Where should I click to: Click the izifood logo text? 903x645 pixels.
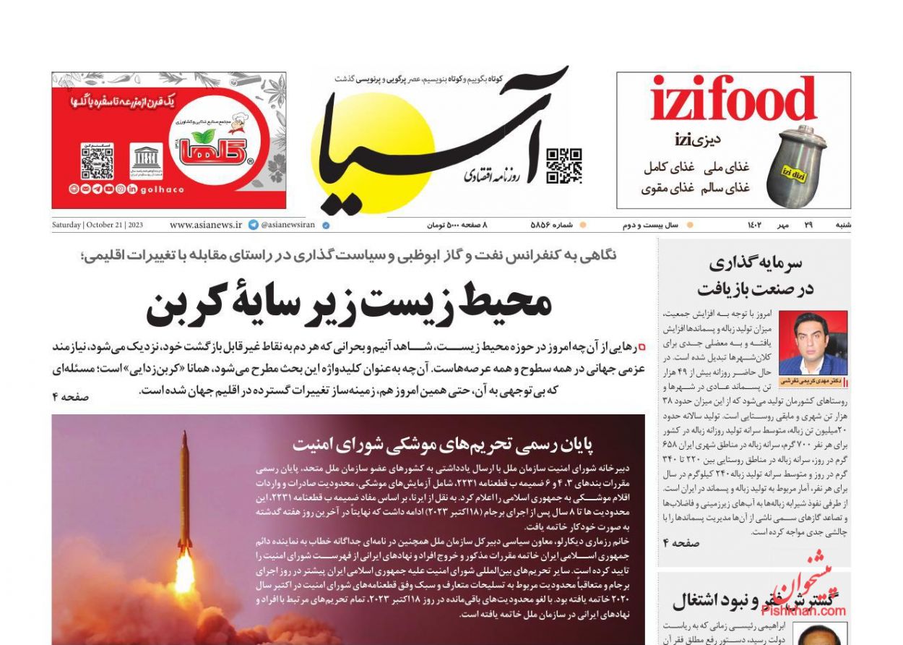[x=733, y=101]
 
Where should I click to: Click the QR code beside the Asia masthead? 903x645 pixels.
[x=563, y=166]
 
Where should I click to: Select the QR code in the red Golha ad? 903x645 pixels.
[x=97, y=161]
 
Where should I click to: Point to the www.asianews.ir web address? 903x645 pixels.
[x=206, y=225]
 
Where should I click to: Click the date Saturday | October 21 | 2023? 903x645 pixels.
[x=98, y=225]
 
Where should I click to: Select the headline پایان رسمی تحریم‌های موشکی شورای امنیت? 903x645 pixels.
[x=453, y=443]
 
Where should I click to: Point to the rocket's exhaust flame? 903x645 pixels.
[x=185, y=571]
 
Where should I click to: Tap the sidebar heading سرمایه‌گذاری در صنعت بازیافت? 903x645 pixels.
[x=755, y=275]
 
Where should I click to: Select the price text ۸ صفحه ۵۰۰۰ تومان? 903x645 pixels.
[x=457, y=225]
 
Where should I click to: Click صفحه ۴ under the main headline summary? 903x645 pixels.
[x=70, y=396]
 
